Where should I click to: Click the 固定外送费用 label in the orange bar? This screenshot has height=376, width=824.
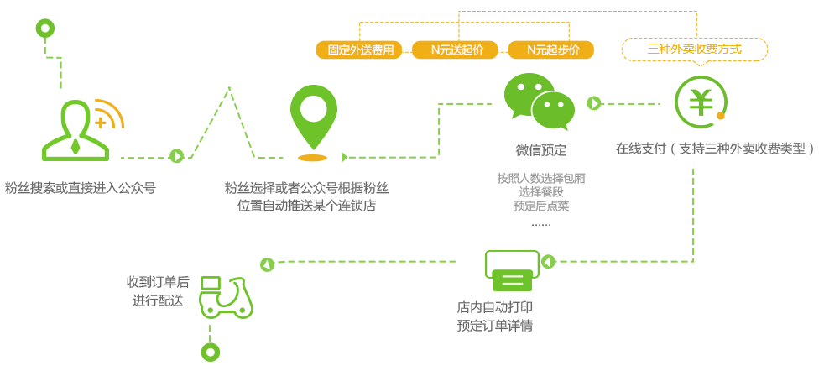pos(361,50)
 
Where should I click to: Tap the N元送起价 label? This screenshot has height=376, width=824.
pos(457,50)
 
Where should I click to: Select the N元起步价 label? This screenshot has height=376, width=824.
pos(553,50)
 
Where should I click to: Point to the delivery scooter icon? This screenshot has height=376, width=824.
pos(226,298)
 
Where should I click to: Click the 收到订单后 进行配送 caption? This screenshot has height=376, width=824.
pos(158,290)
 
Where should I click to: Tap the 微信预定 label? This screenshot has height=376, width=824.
pos(540,151)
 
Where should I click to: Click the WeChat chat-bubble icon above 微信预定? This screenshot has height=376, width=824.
pos(539,102)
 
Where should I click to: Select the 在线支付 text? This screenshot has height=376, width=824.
pos(640,149)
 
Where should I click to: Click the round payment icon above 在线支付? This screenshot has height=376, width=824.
pos(701,102)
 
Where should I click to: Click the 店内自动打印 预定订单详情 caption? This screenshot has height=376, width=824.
pos(495,316)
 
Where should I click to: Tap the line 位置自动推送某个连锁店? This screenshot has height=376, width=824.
pos(306,206)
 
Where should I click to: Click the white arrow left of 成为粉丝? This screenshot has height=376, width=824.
pos(178,157)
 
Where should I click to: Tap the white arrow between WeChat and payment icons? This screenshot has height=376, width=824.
pos(595,104)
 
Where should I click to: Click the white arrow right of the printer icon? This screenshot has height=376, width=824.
pos(547,263)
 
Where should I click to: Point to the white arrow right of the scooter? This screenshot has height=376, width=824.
pos(266,265)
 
